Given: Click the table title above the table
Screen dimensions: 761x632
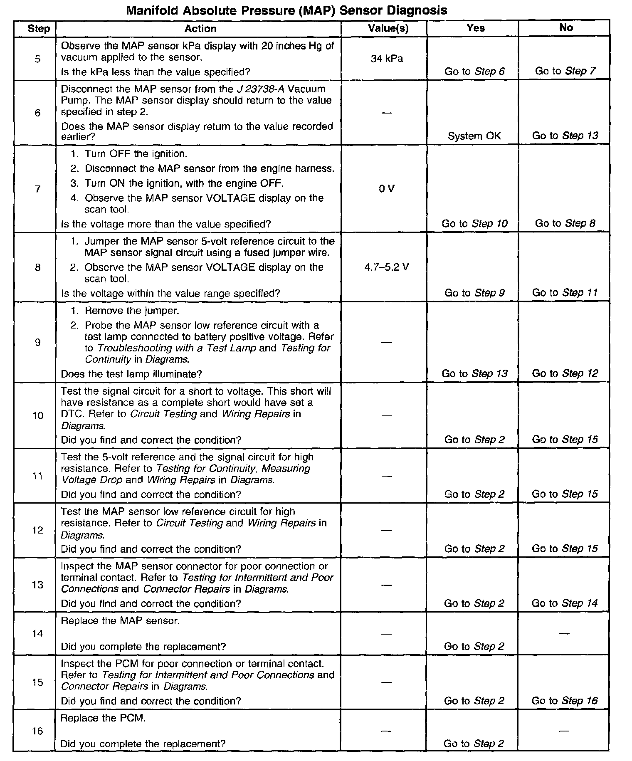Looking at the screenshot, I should pyautogui.click(x=286, y=10).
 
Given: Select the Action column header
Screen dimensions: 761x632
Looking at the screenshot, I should pyautogui.click(x=200, y=29).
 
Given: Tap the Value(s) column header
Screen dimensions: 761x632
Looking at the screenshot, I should pyautogui.click(x=388, y=28).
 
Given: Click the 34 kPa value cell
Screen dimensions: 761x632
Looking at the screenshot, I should pyautogui.click(x=387, y=59).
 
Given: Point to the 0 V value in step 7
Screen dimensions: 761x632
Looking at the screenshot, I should pyautogui.click(x=386, y=189).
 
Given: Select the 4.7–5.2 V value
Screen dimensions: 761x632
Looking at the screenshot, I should pyautogui.click(x=387, y=267).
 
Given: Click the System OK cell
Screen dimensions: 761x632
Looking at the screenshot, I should pyautogui.click(x=474, y=136).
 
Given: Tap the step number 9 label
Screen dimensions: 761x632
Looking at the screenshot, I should pyautogui.click(x=38, y=342).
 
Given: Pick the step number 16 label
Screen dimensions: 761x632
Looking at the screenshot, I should pyautogui.click(x=37, y=731).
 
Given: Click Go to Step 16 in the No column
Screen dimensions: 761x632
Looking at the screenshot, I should pyautogui.click(x=565, y=701).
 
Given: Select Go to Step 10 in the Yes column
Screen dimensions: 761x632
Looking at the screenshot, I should pyautogui.click(x=474, y=224).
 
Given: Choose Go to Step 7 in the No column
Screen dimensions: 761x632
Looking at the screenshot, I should pyautogui.click(x=565, y=71).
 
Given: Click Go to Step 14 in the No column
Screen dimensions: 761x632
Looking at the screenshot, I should pyautogui.click(x=565, y=603).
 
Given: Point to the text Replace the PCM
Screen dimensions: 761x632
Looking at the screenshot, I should pyautogui.click(x=103, y=718).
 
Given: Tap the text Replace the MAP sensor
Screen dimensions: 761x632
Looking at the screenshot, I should pyautogui.click(x=120, y=621).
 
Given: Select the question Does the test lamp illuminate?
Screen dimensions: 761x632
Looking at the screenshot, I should pyautogui.click(x=131, y=374).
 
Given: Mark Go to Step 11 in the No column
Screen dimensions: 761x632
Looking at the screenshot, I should pyautogui.click(x=565, y=293).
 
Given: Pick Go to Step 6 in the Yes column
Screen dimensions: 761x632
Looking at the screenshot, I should pyautogui.click(x=474, y=72).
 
